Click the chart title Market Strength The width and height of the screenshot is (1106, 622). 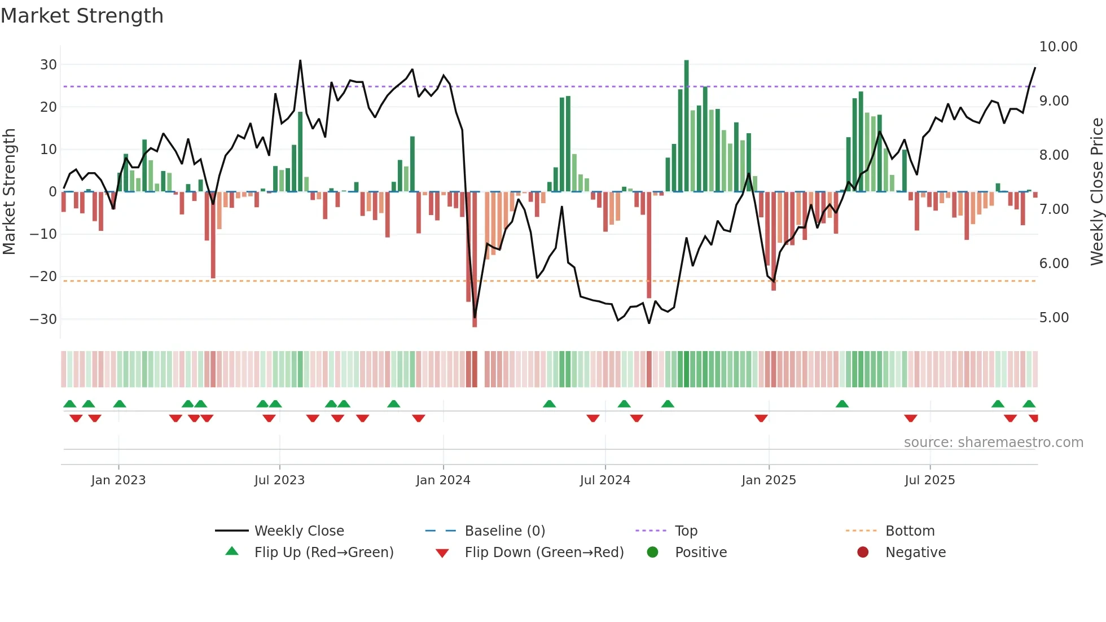(x=82, y=16)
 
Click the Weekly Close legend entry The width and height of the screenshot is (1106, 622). (x=299, y=531)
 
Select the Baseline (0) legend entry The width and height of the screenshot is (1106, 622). (x=504, y=531)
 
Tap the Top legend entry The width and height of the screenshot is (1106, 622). (x=686, y=531)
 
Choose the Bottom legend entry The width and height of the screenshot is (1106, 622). (x=910, y=531)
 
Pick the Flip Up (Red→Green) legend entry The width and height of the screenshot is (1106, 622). (x=323, y=553)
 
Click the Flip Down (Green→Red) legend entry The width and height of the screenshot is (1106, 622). (x=544, y=553)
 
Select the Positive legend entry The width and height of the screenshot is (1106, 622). (x=700, y=553)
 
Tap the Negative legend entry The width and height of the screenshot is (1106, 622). (x=915, y=553)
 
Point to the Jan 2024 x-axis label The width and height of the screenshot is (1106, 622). (x=443, y=480)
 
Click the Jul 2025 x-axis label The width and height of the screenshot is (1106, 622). (x=929, y=480)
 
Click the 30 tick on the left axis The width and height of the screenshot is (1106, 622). (x=49, y=65)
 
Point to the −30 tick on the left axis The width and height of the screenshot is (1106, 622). (x=43, y=319)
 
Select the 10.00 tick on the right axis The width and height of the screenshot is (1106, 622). (x=1058, y=47)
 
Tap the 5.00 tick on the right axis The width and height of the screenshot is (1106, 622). (x=1054, y=318)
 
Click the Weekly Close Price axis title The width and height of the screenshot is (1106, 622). (x=1096, y=192)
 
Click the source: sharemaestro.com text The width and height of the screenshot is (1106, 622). (x=993, y=443)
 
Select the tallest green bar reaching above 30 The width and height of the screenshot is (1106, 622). (x=686, y=124)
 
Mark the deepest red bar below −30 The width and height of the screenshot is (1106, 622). (x=475, y=260)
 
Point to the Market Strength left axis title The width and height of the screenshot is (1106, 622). (x=10, y=192)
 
